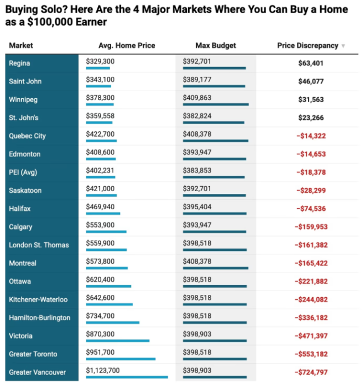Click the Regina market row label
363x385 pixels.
click(x=19, y=63)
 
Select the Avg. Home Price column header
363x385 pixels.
click(x=127, y=46)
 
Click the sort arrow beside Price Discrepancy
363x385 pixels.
click(x=343, y=46)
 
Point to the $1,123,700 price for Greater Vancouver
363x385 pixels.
click(x=103, y=370)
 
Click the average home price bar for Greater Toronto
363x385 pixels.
click(x=120, y=359)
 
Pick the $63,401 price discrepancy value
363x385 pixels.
click(x=311, y=63)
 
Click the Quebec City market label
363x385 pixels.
click(x=28, y=136)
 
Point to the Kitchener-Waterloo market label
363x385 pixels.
click(x=38, y=299)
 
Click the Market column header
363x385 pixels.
click(x=21, y=46)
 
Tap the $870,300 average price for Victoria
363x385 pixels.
click(x=100, y=334)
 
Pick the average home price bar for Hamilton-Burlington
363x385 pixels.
click(x=113, y=323)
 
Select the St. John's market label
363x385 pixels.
click(x=24, y=118)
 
